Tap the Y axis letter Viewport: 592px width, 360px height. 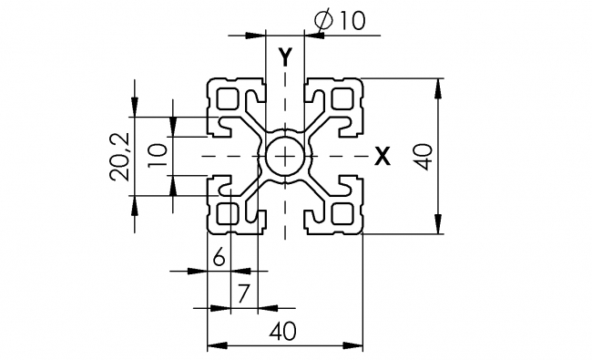tap(285, 57)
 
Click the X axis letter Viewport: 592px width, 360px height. tap(383, 157)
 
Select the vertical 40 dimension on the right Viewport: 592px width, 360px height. tap(422, 157)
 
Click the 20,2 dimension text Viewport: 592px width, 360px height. tap(120, 156)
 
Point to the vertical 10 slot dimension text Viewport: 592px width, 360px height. tap(157, 156)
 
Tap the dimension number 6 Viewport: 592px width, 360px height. tap(219, 259)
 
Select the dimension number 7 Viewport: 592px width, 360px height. tap(242, 293)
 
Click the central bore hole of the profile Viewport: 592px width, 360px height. tap(285, 157)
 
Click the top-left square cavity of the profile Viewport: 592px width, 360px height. tap(228, 98)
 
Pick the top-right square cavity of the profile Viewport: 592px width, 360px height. tap(342, 98)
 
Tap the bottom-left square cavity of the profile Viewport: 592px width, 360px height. tap(228, 215)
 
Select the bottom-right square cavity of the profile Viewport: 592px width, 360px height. tap(342, 215)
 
